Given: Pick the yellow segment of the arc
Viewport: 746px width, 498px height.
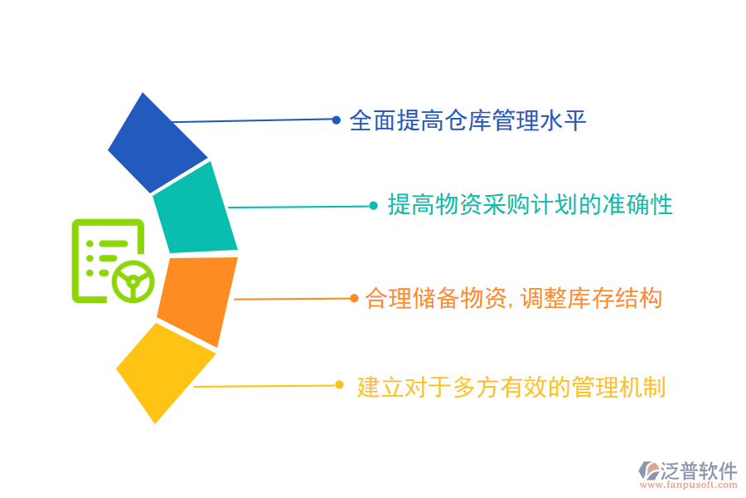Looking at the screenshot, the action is [163, 371].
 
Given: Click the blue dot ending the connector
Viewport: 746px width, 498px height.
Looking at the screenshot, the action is [336, 120].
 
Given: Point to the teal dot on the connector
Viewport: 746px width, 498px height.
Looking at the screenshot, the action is [374, 206].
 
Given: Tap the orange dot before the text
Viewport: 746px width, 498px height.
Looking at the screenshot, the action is [354, 298].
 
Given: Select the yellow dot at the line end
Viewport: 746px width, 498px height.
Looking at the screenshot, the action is [339, 385].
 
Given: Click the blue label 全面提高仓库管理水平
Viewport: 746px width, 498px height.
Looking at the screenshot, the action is [467, 120].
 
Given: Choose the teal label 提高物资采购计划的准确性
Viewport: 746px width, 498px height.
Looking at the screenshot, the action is [530, 205].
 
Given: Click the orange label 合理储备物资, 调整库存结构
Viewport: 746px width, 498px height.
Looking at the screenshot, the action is [514, 298].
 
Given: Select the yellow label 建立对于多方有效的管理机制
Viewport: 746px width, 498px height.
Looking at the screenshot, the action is [511, 387].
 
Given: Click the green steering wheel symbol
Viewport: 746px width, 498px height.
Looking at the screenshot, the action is [133, 281].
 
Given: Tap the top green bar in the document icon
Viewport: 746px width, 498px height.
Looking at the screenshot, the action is [114, 244].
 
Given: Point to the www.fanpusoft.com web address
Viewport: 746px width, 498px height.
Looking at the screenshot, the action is [689, 485].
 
